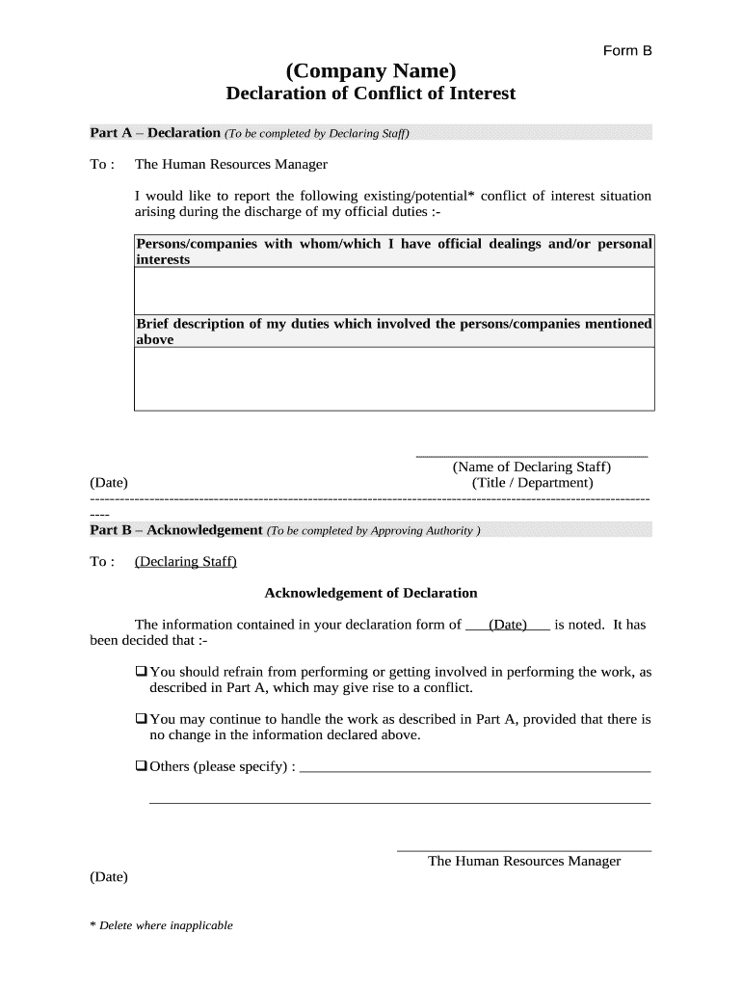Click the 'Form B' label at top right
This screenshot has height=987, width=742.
627,50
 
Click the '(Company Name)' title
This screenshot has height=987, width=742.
370,70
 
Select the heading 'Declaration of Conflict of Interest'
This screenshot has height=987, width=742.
370,93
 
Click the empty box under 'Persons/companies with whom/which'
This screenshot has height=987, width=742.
394,291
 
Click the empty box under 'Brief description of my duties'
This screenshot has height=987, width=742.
394,379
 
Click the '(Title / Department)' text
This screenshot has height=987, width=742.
532,483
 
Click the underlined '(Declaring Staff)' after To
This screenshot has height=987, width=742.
186,561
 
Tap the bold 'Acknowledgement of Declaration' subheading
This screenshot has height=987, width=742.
371,593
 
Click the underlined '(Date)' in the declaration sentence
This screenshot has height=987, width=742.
507,625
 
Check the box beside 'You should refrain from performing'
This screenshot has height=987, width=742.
141,671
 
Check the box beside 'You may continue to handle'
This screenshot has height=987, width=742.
141,718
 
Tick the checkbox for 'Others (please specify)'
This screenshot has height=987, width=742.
141,766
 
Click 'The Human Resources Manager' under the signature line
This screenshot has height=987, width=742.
524,861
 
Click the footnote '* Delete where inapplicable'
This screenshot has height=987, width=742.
161,925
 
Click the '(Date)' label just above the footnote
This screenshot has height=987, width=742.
109,877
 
